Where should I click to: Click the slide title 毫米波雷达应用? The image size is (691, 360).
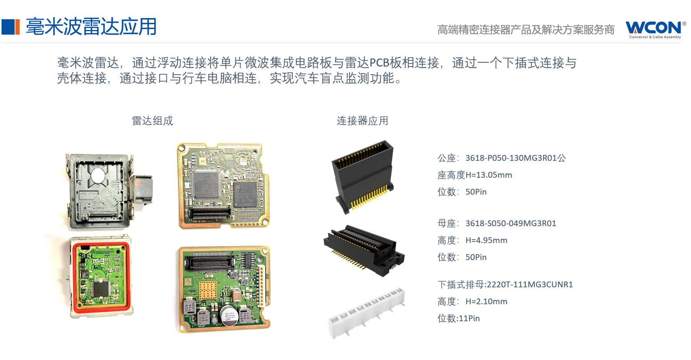point(91,27)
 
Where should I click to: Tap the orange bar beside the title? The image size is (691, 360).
point(17,27)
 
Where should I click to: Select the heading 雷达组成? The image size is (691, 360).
point(152,121)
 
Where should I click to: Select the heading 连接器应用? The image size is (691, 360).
point(362,121)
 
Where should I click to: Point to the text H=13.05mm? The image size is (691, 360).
point(489,175)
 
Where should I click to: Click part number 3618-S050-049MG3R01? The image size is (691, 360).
point(511,223)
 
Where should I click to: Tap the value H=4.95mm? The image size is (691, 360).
point(486,240)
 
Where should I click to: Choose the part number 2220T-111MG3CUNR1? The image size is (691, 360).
point(529,285)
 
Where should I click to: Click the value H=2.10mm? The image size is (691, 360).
point(486,302)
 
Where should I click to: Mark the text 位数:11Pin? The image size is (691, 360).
point(459,318)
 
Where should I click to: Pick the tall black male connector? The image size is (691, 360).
point(362,177)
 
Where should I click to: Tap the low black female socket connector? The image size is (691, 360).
point(364,250)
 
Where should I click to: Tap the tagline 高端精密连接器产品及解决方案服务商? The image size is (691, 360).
point(526,30)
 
